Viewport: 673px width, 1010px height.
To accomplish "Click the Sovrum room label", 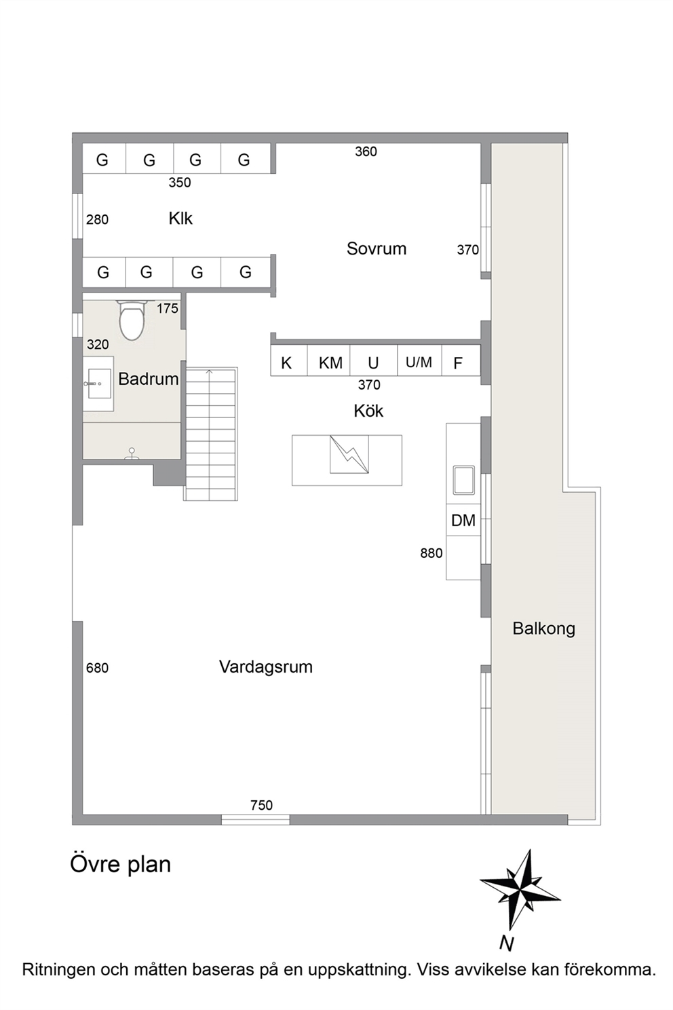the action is [376, 248].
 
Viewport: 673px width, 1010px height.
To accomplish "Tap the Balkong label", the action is [543, 629].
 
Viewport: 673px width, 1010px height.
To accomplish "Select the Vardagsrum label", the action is [265, 667].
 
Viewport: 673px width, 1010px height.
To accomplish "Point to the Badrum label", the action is [149, 379].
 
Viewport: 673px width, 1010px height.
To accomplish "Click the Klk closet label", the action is [180, 219].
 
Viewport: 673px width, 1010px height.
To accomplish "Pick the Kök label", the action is [368, 411].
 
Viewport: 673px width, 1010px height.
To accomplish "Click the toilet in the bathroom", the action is [131, 319].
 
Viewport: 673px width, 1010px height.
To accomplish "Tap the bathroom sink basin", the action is [99, 384].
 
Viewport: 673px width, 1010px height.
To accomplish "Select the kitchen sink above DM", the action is [463, 480].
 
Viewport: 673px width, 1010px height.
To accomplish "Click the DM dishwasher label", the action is [463, 521].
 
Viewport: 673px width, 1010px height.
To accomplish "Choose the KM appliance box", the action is [329, 360].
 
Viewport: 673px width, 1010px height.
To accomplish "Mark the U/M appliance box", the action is [419, 360].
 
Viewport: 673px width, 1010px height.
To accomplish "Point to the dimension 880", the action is [431, 553].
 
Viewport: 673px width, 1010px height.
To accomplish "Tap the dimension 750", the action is [261, 805].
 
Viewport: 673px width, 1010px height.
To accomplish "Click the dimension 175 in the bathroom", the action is [168, 308].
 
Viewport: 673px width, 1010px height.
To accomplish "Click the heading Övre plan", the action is [120, 864].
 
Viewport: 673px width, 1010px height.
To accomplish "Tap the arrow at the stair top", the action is [209, 371].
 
